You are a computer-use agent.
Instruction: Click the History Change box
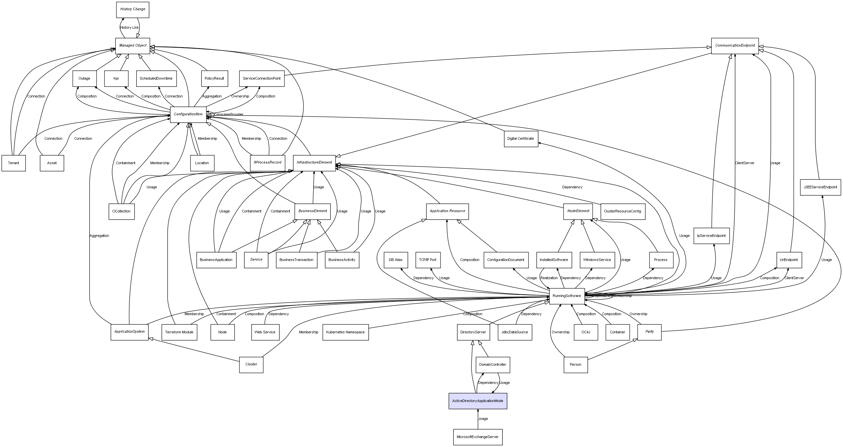coord(133,10)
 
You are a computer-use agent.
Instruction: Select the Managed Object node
coord(133,46)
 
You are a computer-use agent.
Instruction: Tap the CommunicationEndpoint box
coord(735,46)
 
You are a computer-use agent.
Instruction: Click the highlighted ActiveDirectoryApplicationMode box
coord(478,401)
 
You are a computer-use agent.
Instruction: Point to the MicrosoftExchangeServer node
coord(478,437)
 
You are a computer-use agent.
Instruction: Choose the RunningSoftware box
coord(567,296)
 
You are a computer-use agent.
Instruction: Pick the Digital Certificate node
coord(521,139)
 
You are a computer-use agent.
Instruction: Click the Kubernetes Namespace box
coord(345,332)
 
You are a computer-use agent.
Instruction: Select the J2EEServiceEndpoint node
coord(820,187)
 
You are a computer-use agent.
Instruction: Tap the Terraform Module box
coord(179,332)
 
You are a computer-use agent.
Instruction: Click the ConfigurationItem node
coord(188,114)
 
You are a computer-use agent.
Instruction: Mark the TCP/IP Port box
coord(428,260)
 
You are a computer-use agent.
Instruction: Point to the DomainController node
coord(492,365)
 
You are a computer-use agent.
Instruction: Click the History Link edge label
coord(129,28)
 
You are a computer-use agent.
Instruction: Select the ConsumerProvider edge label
coord(229,115)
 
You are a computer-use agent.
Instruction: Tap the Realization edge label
coord(549,278)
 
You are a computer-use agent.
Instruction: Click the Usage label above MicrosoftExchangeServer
coord(483,419)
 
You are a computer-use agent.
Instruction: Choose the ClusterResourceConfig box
coord(622,211)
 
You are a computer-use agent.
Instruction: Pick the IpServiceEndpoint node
coord(711,236)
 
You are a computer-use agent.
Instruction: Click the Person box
coord(575,365)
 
